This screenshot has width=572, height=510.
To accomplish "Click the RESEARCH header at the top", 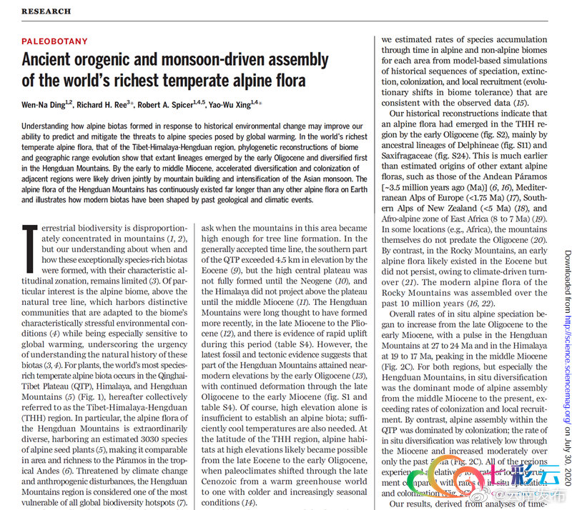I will (x=46, y=11).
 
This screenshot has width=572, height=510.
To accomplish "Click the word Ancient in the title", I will (x=55, y=60).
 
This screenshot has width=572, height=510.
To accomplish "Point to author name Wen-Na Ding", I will (x=45, y=104).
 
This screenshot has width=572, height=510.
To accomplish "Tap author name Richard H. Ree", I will (x=107, y=104).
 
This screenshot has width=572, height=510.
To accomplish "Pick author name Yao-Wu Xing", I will (x=232, y=104).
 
